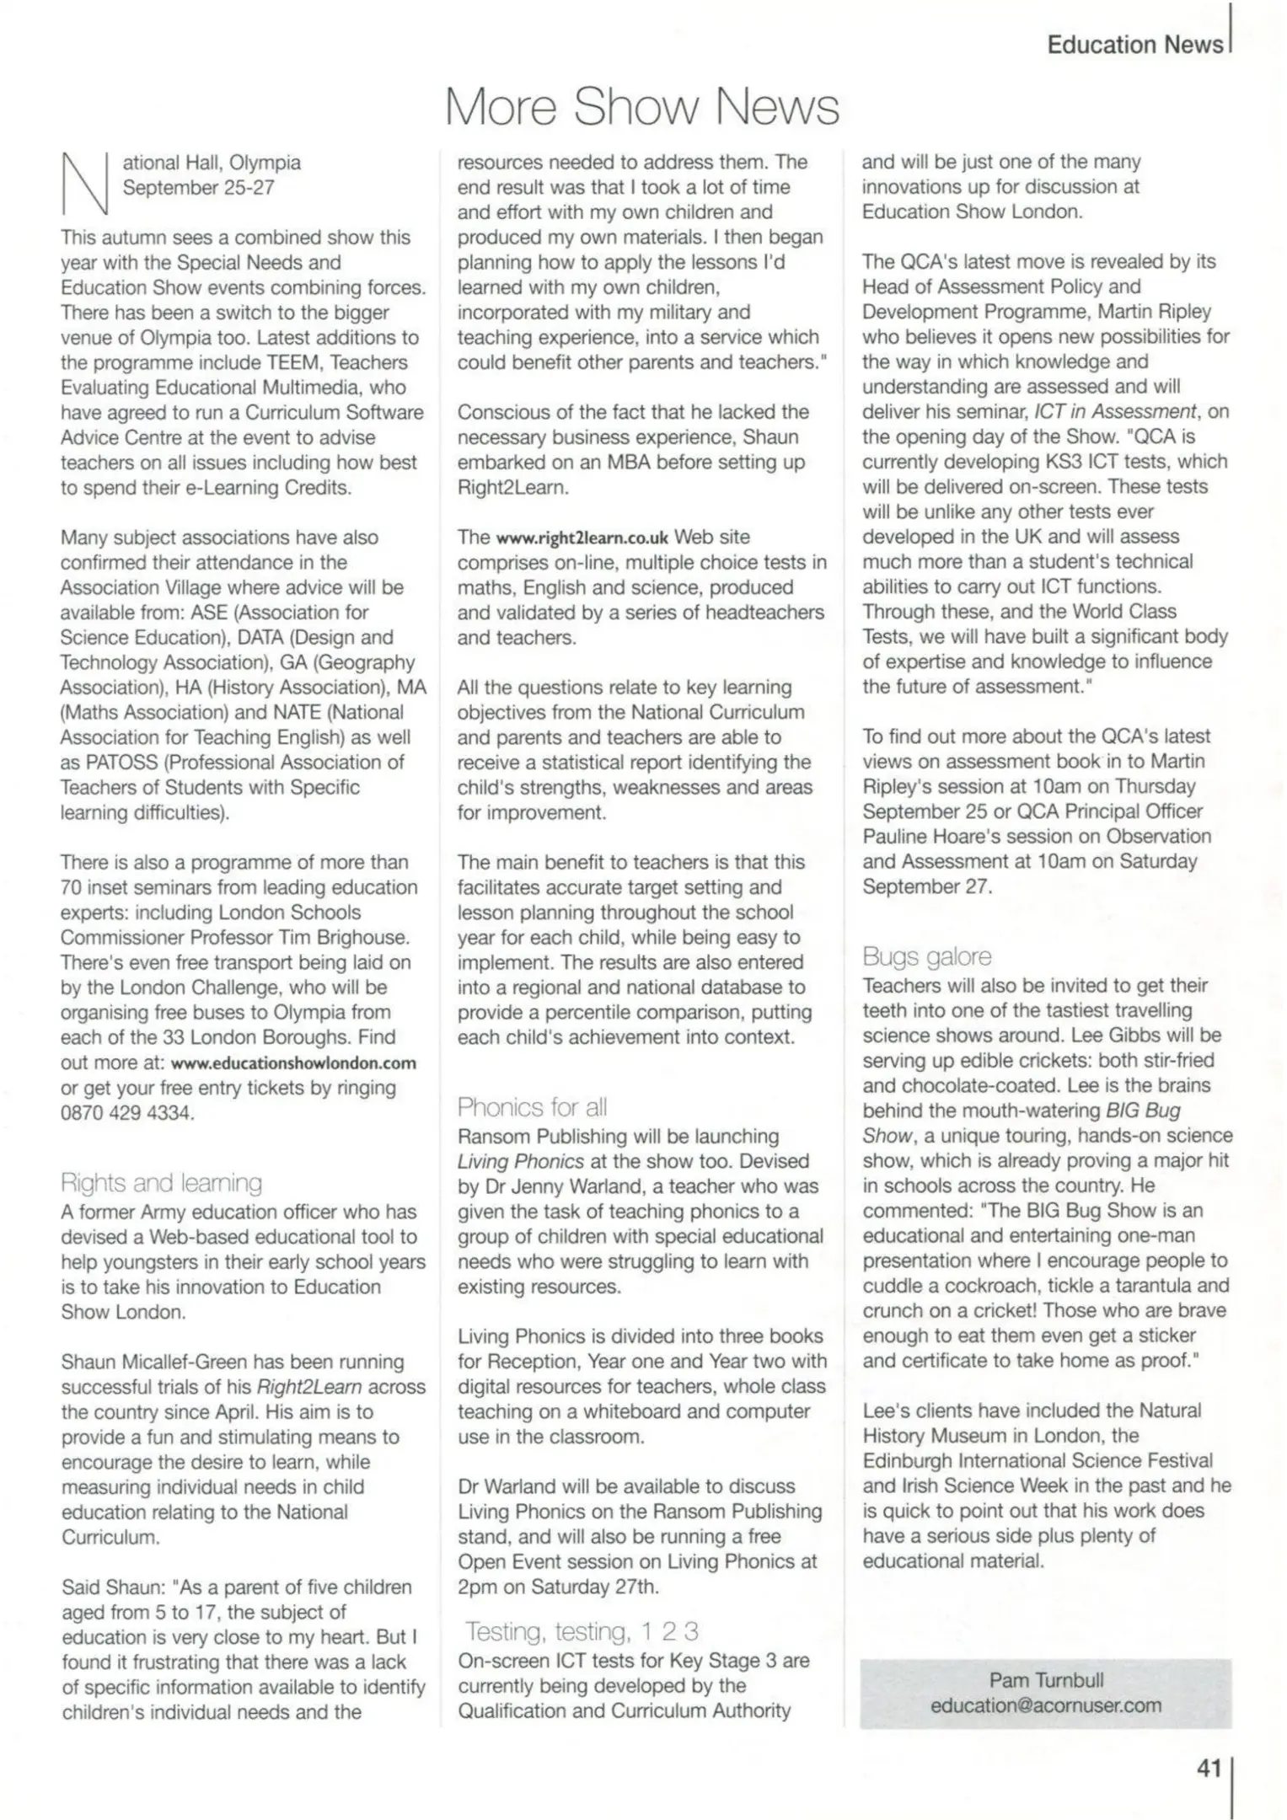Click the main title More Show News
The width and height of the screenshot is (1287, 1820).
coord(642,108)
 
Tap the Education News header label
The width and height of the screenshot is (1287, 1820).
coord(1134,45)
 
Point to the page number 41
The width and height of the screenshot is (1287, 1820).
coord(1209,1769)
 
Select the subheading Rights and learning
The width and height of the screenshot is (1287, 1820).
coord(161,1183)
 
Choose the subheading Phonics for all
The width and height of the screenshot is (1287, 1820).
coord(532,1107)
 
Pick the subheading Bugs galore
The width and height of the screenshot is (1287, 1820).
coord(926,956)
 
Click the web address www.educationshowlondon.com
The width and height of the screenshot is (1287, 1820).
coord(293,1063)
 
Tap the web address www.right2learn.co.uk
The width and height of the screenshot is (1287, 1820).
coord(582,538)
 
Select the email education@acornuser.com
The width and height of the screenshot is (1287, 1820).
coord(1045,1705)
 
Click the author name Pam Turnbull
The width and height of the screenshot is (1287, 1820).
coord(1045,1680)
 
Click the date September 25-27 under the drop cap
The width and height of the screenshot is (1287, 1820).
coord(199,187)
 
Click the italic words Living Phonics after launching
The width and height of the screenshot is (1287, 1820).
coord(521,1161)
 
